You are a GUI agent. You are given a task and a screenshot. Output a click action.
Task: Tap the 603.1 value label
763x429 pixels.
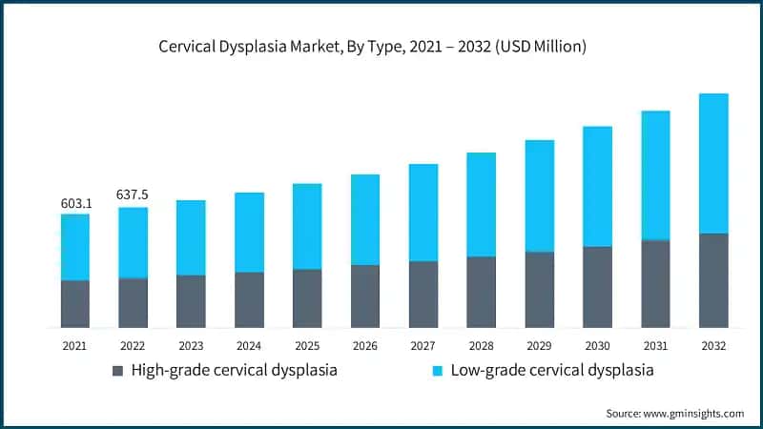coord(75,202)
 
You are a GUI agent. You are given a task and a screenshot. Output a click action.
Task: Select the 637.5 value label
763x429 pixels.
coord(133,194)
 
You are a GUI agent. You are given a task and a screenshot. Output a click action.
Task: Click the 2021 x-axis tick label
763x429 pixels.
coord(75,345)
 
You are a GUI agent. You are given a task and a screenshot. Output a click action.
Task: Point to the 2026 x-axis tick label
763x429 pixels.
coord(365,345)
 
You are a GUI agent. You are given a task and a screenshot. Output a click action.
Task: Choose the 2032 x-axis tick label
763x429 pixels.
coord(713,345)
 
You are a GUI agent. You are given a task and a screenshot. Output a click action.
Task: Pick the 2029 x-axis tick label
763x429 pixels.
coord(540,345)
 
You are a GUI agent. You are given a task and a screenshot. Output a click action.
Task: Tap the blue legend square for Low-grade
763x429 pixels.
coord(438,370)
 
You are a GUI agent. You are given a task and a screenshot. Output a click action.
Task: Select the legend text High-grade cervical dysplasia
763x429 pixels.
coord(234,370)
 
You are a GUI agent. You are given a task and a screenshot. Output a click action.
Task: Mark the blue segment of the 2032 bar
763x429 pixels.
coord(713,163)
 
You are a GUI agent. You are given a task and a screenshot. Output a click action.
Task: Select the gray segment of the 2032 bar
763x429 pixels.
coord(713,280)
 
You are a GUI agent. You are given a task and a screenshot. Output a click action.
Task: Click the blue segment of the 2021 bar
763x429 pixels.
coord(75,247)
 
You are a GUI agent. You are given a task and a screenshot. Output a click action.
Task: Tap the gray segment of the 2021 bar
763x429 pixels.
coord(75,304)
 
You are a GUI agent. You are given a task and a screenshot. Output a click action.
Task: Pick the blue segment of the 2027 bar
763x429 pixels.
coord(423,213)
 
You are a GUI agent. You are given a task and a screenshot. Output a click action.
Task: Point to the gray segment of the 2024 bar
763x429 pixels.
coord(249,300)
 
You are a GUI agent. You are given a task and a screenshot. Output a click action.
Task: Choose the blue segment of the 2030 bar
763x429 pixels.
coord(598,187)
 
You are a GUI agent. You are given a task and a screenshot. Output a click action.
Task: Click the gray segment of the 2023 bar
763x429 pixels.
coord(191,301)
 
